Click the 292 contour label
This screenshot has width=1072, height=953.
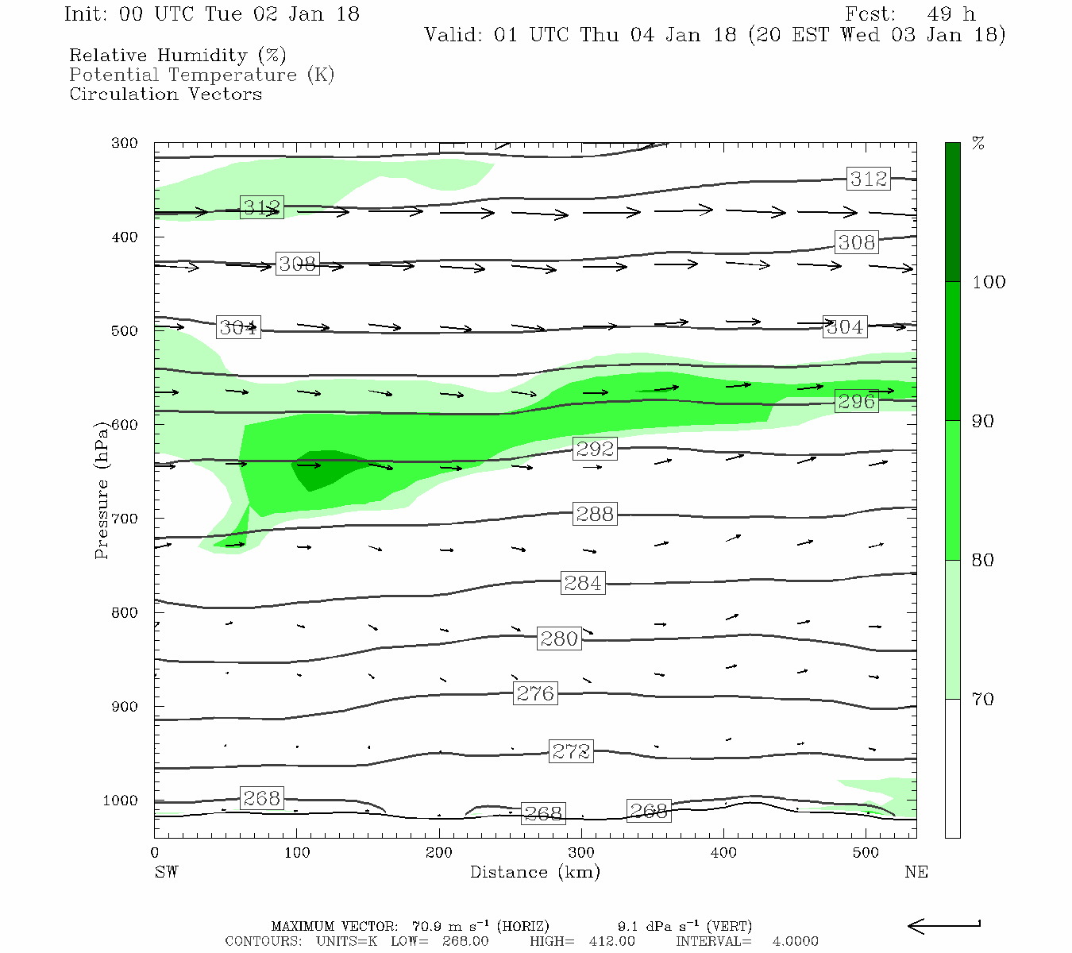(x=595, y=449)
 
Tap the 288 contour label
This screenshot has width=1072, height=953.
(x=594, y=514)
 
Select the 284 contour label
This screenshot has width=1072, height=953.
(x=583, y=583)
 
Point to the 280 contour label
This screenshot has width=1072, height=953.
(x=559, y=639)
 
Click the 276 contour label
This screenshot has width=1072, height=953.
(x=535, y=693)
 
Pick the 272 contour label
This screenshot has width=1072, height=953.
(x=571, y=751)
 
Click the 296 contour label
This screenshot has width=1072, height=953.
(x=856, y=401)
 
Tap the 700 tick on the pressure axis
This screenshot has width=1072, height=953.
(x=125, y=519)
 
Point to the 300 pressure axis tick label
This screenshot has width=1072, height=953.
(x=125, y=143)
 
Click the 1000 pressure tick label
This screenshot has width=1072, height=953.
(x=121, y=801)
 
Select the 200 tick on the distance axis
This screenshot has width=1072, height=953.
(x=439, y=853)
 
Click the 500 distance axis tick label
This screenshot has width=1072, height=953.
(x=866, y=853)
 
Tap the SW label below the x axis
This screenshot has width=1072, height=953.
(x=166, y=872)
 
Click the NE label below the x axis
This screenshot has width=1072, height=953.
(x=916, y=872)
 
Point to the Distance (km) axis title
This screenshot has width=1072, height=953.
(x=535, y=872)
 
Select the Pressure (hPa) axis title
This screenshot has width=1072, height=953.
(x=102, y=490)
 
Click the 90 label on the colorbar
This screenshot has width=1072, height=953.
(x=983, y=421)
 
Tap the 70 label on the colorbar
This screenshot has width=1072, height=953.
(x=983, y=699)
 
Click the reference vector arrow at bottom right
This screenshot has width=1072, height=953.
(x=943, y=925)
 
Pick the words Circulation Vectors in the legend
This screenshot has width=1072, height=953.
(x=165, y=94)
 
